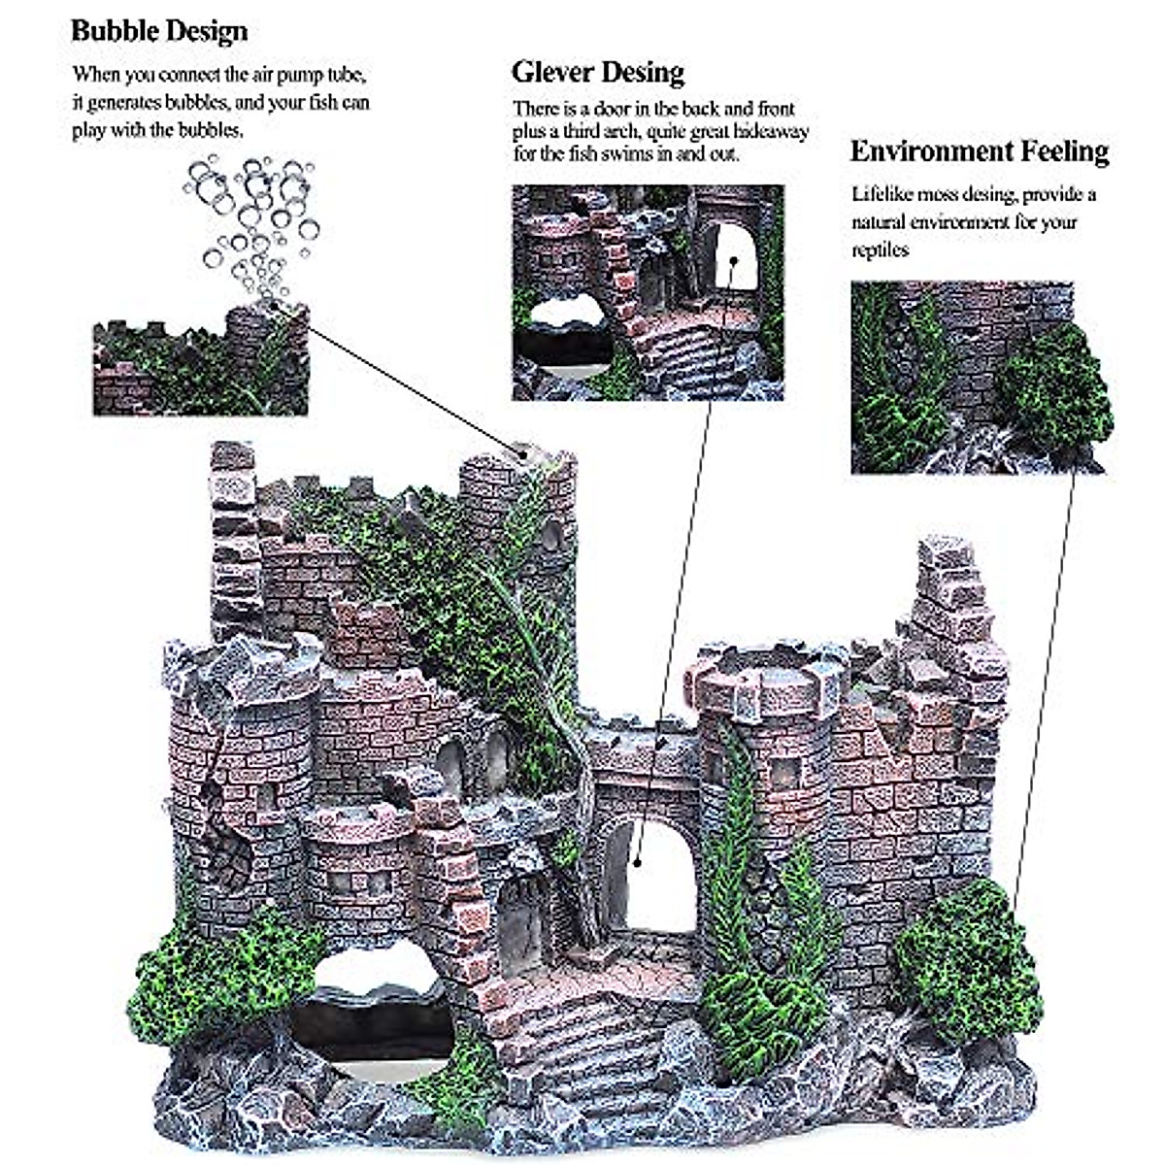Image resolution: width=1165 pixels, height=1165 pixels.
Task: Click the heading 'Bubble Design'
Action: click(x=159, y=31)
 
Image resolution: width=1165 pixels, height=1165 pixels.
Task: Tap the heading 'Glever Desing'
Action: click(x=598, y=72)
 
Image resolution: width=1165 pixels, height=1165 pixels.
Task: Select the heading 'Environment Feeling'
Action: click(x=979, y=151)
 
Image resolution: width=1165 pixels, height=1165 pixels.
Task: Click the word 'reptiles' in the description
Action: click(x=880, y=250)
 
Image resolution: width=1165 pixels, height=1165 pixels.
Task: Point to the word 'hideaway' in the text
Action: click(x=770, y=131)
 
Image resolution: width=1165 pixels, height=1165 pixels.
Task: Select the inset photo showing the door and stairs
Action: click(x=648, y=292)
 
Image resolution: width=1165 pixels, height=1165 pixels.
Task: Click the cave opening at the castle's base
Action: click(x=374, y=1010)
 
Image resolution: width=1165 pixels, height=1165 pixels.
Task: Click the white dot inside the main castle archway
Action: click(x=637, y=859)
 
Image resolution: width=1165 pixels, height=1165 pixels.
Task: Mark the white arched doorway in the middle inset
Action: click(x=735, y=257)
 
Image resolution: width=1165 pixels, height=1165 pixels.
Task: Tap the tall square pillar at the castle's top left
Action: click(x=233, y=529)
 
